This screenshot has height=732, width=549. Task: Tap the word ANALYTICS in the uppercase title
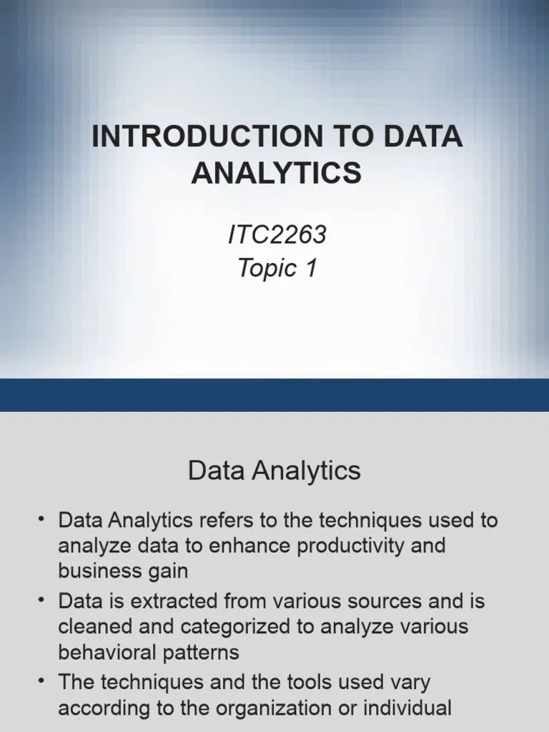click(276, 173)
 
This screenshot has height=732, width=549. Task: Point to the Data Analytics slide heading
click(274, 471)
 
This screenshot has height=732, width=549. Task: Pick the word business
click(99, 572)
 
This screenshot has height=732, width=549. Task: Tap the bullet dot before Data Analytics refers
click(42, 520)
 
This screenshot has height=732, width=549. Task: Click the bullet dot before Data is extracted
click(42, 600)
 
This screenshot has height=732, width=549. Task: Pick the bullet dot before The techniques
click(42, 682)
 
